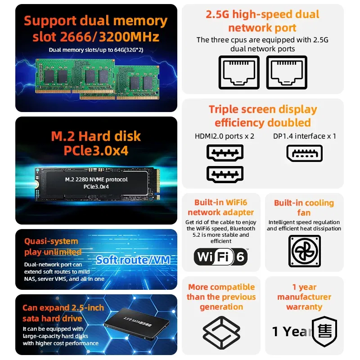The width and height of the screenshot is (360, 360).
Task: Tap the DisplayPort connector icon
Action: pos(305,153)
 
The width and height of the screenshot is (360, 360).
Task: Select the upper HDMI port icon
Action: pos(225,154)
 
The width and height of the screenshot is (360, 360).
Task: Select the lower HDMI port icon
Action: pos(225,174)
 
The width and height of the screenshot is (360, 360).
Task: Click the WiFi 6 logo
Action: pos(220,257)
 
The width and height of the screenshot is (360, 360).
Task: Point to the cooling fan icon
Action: pos(304,251)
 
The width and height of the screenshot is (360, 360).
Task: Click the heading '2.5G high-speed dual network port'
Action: pos(262,21)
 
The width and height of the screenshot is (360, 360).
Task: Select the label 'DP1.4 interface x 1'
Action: pos(305,136)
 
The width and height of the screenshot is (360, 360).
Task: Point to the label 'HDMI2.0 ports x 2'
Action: pos(225,136)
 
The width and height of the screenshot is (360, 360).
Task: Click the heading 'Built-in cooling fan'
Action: pos(304,207)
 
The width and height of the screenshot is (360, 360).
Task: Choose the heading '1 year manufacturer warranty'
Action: pos(304,297)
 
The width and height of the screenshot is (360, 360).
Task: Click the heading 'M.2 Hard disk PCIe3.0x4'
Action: pos(96,143)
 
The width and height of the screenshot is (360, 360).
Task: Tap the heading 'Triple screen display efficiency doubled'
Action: pos(262,116)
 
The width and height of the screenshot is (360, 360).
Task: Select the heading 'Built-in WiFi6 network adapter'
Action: pos(221,207)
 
